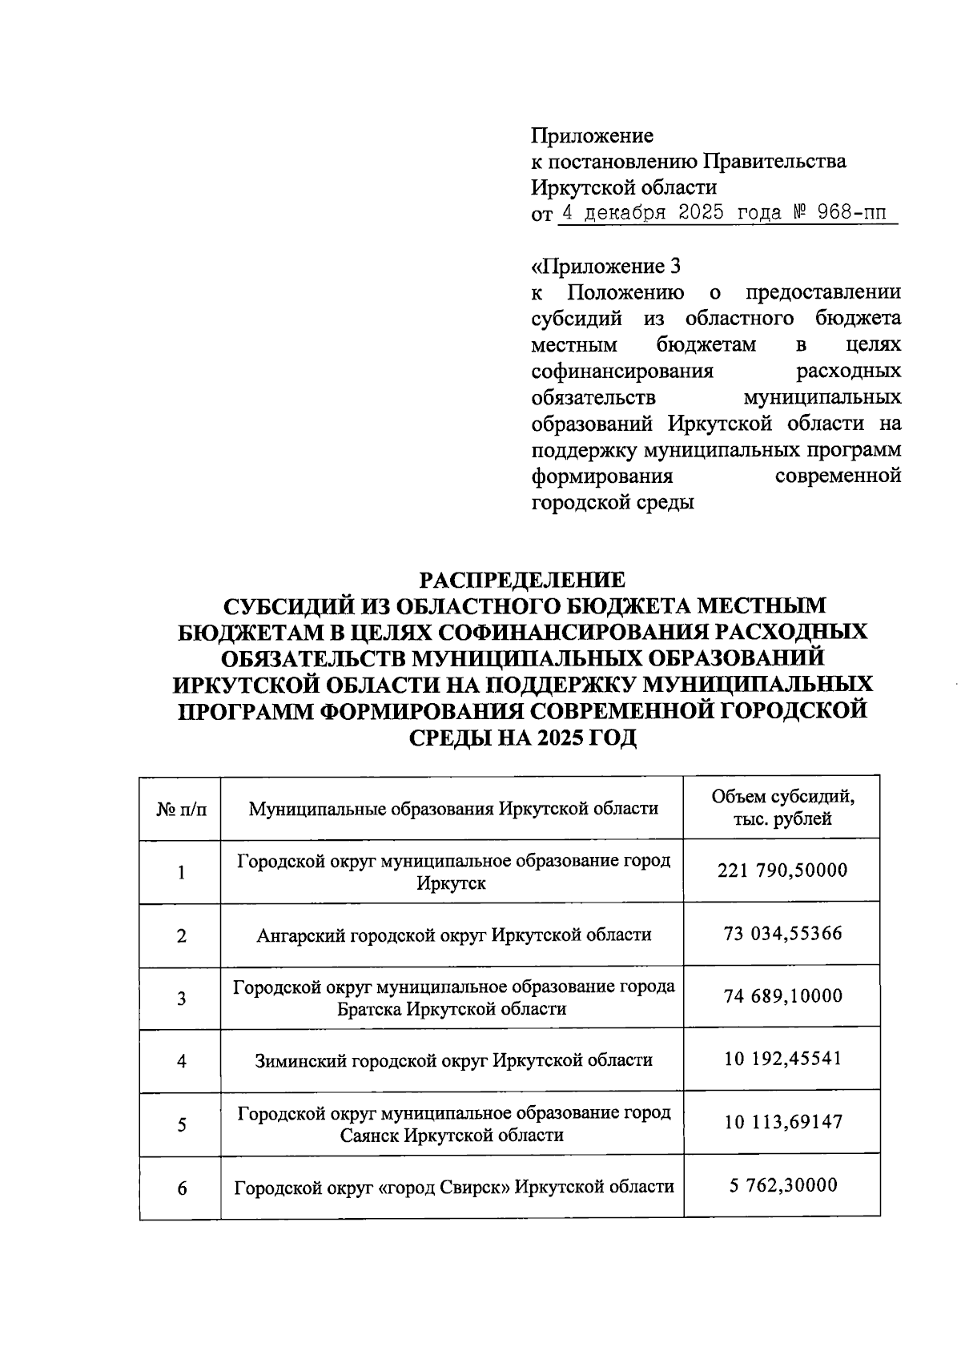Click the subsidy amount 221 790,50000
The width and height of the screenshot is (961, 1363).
[x=782, y=870]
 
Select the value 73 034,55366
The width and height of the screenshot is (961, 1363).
[x=782, y=934]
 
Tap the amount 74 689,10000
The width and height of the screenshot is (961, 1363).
[x=782, y=996]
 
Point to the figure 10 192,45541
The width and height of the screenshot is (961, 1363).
[x=782, y=1059]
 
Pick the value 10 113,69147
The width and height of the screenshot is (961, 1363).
[x=782, y=1123]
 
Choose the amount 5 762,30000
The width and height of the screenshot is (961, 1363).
[x=782, y=1185]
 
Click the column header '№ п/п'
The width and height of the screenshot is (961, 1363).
[x=181, y=809]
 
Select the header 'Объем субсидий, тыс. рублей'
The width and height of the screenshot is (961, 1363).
[x=782, y=807]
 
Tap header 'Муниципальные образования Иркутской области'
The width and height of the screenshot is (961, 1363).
[x=453, y=809]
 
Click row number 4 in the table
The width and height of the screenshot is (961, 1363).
[x=182, y=1061]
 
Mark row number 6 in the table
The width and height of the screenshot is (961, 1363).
[x=182, y=1188]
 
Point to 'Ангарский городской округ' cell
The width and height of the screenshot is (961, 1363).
[x=453, y=935]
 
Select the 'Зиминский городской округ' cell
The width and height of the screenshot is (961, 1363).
[x=453, y=1060]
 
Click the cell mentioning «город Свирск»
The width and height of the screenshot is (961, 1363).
[x=453, y=1187]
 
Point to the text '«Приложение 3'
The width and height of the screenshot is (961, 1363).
[x=606, y=265]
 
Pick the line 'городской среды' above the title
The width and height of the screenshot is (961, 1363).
[x=613, y=503]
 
